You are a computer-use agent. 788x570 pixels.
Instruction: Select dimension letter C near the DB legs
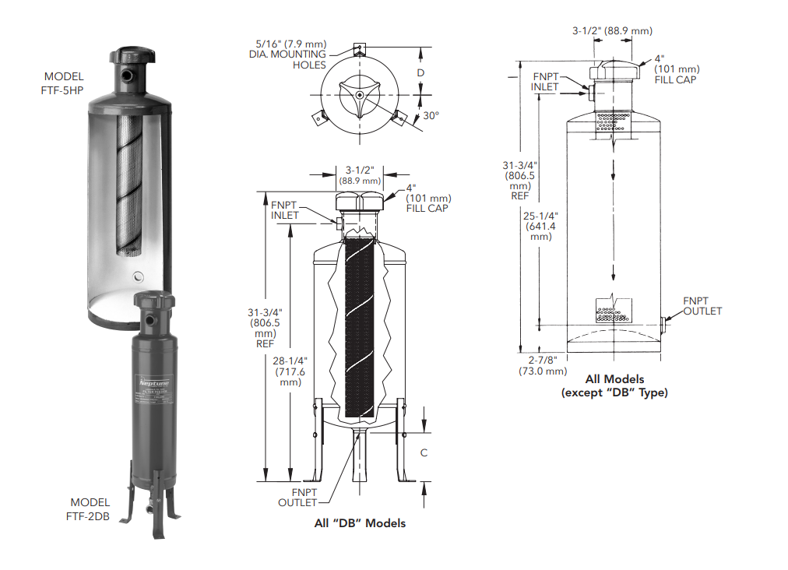pos(424,452)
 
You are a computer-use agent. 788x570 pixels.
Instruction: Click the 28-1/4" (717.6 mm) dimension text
pos(290,371)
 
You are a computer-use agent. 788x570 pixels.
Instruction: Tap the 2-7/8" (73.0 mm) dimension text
pos(543,366)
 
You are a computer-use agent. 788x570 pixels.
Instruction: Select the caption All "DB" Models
pos(360,523)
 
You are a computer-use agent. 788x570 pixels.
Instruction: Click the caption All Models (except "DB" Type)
pos(614,386)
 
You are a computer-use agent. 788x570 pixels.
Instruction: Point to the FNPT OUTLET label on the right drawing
pos(702,306)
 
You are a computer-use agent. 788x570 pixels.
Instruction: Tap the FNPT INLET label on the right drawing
pos(546,82)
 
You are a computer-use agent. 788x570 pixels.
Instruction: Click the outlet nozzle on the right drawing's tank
pos(663,322)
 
